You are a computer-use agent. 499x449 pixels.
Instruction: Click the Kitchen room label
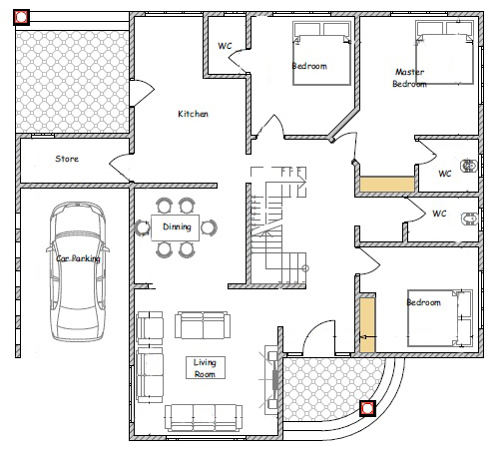(x=193, y=114)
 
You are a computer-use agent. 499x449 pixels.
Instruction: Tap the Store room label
(x=67, y=159)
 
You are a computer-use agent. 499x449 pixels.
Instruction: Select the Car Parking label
(x=78, y=258)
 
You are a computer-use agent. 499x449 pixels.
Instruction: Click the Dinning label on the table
(x=177, y=226)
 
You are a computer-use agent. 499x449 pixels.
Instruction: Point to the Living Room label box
(x=206, y=367)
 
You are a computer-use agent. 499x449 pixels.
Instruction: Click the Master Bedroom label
(x=409, y=78)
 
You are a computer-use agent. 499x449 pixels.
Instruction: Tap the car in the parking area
(x=78, y=271)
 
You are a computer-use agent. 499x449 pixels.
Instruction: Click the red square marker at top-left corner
(x=21, y=17)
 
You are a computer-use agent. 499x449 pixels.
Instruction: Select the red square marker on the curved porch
(x=367, y=408)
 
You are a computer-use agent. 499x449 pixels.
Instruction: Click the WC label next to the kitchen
(x=225, y=46)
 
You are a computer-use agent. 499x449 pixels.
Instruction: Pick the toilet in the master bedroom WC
(x=468, y=166)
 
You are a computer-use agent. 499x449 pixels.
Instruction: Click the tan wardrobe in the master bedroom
(x=387, y=184)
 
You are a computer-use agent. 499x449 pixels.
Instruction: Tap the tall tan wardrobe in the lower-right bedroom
(x=367, y=324)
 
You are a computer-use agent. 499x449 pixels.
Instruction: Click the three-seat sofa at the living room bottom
(x=204, y=417)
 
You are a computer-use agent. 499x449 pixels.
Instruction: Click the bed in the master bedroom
(x=444, y=53)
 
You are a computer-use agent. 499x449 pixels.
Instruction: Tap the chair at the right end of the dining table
(x=209, y=227)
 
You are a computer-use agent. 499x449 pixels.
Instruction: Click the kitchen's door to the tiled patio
(x=142, y=93)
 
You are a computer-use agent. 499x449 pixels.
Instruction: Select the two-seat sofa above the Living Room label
(x=203, y=325)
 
